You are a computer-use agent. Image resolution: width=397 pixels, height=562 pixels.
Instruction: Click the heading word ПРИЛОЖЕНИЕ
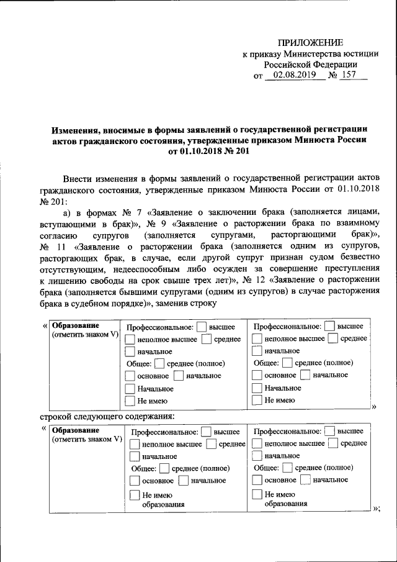tap(310, 42)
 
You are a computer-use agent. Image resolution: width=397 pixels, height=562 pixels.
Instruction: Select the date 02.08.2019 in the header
tap(291, 76)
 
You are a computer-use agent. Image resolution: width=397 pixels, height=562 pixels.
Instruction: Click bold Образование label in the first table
tap(75, 325)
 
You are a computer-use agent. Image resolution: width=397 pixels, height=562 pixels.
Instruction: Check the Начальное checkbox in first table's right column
tap(257, 388)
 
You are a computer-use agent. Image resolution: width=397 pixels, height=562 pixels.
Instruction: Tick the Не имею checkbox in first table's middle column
tap(131, 401)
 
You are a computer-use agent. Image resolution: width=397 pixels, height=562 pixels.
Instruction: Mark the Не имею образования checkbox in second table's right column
tap(257, 495)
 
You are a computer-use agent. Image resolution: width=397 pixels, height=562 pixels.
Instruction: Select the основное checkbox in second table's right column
tap(257, 480)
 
